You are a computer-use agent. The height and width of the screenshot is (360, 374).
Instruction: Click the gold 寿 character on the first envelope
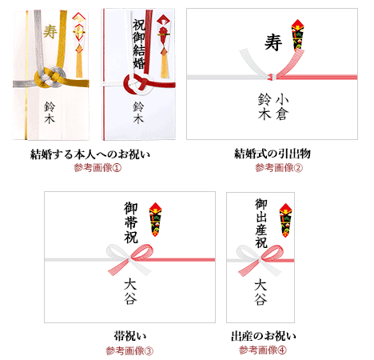coord(50,32)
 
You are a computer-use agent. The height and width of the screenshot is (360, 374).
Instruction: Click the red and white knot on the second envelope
coord(137,83)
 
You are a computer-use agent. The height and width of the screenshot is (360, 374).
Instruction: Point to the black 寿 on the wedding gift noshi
coord(273,41)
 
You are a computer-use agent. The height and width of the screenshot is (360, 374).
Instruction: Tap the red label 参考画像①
coord(94,167)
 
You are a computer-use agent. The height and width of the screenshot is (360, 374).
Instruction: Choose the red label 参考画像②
coord(278,167)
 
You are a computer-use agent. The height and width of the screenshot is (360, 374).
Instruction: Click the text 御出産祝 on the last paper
coord(261,222)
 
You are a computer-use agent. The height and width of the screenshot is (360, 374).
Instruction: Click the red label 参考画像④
coord(262,350)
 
